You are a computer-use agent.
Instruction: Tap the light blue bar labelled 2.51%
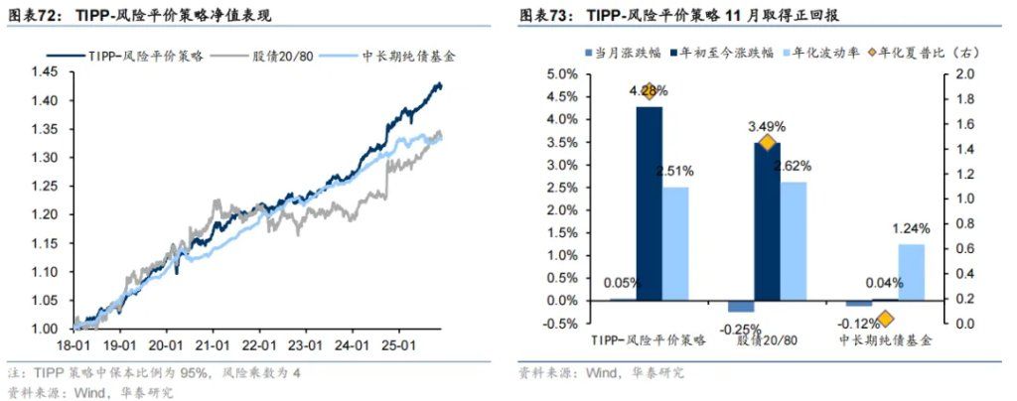pyautogui.click(x=675, y=243)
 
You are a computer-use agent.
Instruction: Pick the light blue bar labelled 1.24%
pyautogui.click(x=911, y=272)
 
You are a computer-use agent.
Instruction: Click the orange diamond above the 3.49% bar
pyautogui.click(x=767, y=144)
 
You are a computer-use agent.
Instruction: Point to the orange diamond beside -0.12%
pyautogui.click(x=885, y=319)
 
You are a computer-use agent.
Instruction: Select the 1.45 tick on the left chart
pyautogui.click(x=44, y=71)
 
